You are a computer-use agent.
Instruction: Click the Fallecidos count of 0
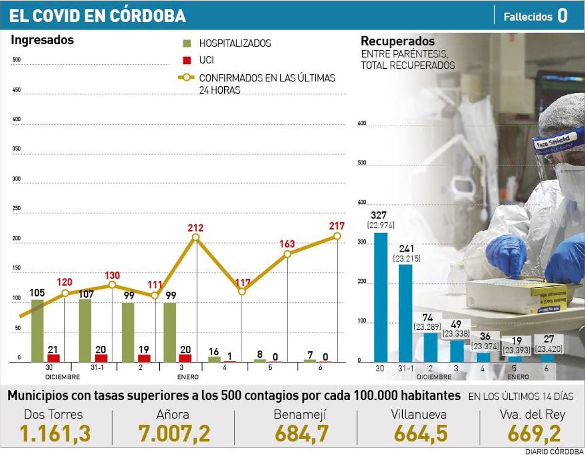click(x=562, y=16)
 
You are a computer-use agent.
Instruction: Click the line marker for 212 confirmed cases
click(x=196, y=237)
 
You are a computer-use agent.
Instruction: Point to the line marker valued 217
click(x=337, y=236)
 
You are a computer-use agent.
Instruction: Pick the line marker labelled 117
click(x=241, y=291)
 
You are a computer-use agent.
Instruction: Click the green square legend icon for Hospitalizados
click(x=186, y=43)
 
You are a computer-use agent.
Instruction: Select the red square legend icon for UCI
click(x=186, y=60)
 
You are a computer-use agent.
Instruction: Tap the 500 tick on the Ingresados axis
click(x=16, y=60)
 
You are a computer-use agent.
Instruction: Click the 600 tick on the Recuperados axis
click(x=361, y=123)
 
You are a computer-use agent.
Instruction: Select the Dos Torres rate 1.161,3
click(x=55, y=434)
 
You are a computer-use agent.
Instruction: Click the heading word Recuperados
click(x=397, y=41)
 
